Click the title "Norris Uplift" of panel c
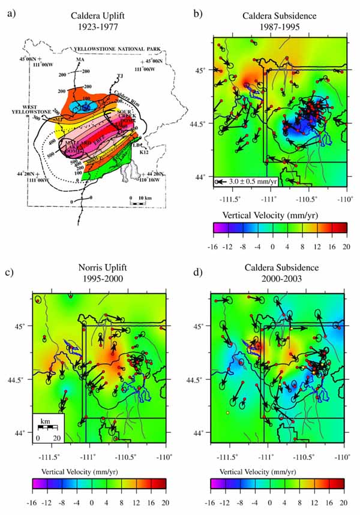click(98, 267)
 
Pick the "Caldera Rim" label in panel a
click(125, 95)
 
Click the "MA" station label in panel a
click(79, 60)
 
